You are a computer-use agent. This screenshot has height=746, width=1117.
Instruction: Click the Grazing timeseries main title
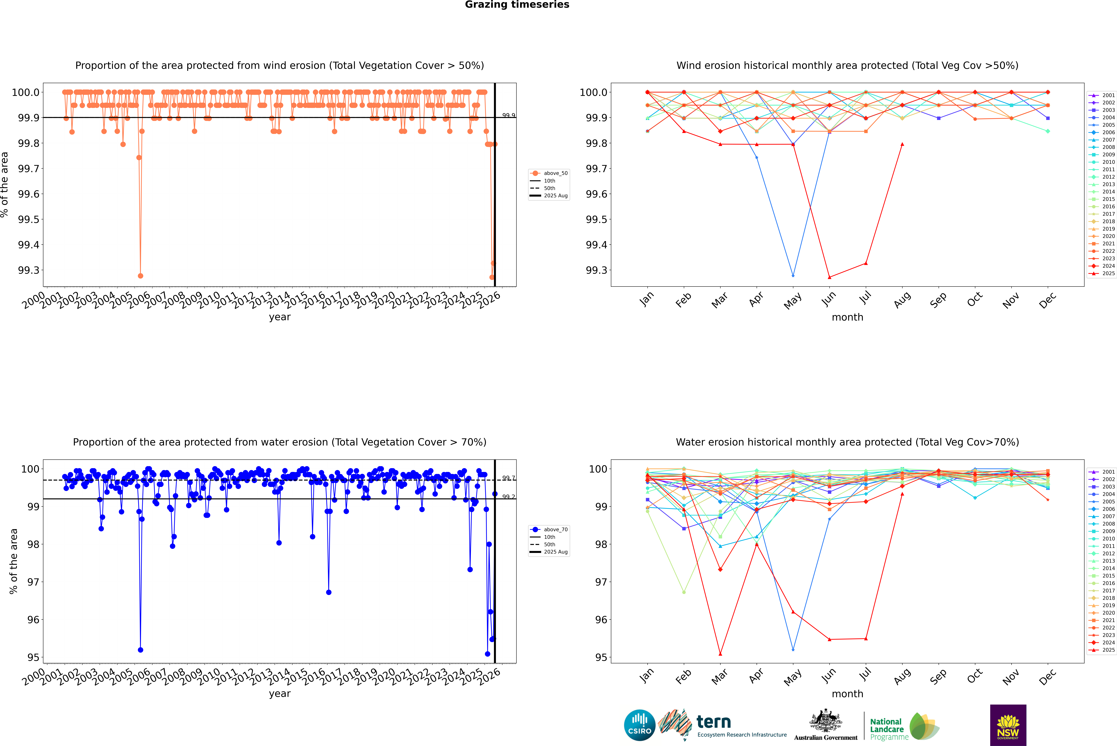click(517, 5)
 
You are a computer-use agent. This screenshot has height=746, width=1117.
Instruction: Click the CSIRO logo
click(640, 725)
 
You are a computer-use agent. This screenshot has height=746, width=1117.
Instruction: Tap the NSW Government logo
click(1008, 725)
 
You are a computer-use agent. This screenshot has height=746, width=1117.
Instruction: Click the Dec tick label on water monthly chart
click(1048, 677)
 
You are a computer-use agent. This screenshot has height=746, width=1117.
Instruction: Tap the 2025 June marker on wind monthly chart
click(829, 277)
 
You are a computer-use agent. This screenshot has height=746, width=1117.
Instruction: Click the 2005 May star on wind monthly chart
click(793, 276)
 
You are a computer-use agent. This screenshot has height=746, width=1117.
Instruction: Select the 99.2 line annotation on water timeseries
click(508, 497)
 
